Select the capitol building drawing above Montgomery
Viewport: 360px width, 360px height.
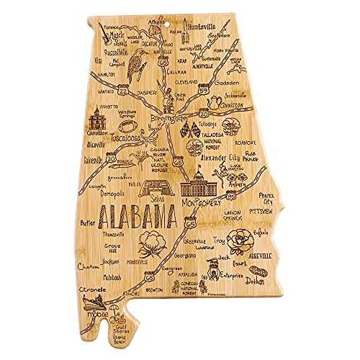(199, 184)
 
